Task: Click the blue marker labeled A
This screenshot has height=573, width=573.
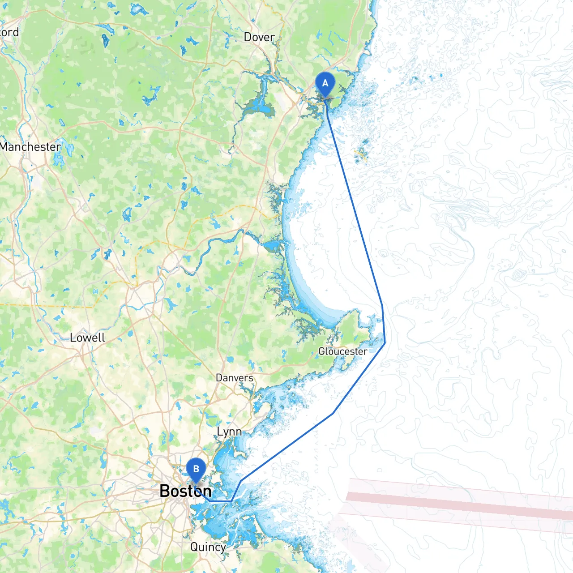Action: (325, 84)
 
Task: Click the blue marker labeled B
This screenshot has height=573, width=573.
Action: (196, 470)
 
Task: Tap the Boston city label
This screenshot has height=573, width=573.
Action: (185, 491)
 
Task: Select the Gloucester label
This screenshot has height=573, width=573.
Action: (342, 351)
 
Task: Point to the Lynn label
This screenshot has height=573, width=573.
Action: (229, 432)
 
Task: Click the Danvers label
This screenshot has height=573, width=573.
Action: (234, 378)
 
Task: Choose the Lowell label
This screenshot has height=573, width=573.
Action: (87, 338)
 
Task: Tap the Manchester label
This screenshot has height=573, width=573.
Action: (30, 147)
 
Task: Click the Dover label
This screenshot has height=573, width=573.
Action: (259, 37)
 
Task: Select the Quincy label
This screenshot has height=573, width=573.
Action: (208, 547)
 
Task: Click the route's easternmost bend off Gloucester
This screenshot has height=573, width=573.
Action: (385, 343)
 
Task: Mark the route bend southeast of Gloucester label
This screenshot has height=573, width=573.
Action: (333, 413)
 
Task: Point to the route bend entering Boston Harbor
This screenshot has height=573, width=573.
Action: (240, 481)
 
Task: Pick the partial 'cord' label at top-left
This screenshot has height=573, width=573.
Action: (9, 32)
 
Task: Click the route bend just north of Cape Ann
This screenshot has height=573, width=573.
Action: (382, 306)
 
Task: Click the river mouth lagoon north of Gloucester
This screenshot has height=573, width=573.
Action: (272, 247)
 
